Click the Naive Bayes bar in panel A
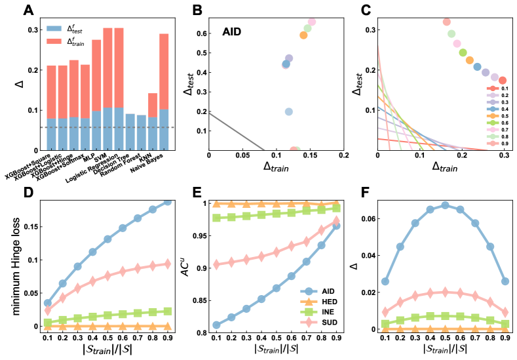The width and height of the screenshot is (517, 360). point(163,92)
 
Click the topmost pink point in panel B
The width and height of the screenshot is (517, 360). point(312,22)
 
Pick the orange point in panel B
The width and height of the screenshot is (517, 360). point(303,35)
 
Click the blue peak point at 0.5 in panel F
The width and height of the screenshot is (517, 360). point(444,205)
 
